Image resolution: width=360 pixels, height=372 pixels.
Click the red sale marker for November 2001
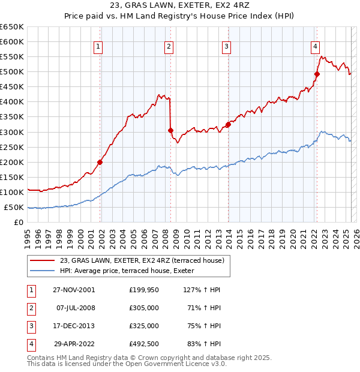[100, 162]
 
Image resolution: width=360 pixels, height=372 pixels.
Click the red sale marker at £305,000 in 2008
[170, 130]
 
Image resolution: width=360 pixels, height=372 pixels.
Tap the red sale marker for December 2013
[228, 124]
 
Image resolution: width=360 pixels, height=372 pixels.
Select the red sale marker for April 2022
[317, 74]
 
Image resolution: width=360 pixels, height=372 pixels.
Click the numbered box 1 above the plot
[98, 47]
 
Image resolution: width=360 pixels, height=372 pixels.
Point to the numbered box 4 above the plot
[315, 47]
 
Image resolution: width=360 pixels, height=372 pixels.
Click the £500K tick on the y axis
[12, 72]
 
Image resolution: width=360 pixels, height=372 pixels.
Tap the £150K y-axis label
[12, 178]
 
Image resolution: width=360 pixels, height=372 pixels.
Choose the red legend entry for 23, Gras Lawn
[142, 260]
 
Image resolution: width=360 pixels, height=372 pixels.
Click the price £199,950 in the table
[144, 290]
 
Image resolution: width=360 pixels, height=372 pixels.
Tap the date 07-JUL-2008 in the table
[76, 308]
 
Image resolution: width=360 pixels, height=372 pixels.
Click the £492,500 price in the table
[144, 344]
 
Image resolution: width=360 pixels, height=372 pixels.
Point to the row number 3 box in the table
[31, 326]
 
